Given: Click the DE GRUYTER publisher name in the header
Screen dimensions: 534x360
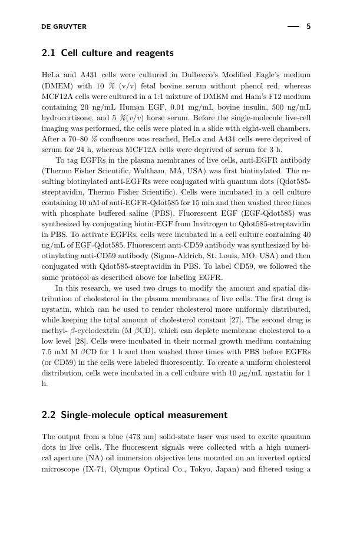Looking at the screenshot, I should click(x=64, y=27).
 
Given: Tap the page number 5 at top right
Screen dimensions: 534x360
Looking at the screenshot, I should click(x=308, y=27).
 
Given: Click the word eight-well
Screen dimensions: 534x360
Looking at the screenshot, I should click(x=257, y=128).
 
